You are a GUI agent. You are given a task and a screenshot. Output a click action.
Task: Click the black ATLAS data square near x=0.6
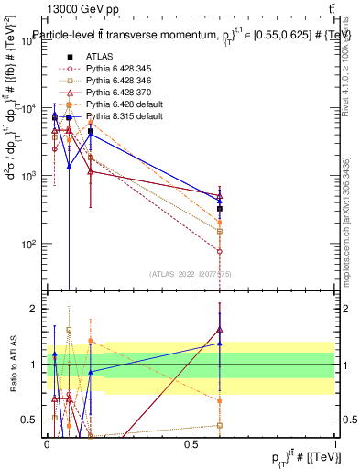(x=220, y=209)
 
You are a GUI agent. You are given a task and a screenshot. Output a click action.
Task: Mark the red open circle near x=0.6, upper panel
(x=220, y=251)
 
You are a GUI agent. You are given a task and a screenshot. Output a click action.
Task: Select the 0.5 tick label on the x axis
(x=191, y=443)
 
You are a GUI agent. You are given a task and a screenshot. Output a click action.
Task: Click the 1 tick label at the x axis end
(x=335, y=443)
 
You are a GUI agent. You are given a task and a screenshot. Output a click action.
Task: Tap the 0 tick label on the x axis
(x=47, y=443)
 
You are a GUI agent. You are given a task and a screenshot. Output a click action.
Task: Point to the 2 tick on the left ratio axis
(x=35, y=309)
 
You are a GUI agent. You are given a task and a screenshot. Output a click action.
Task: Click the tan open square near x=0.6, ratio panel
(x=220, y=425)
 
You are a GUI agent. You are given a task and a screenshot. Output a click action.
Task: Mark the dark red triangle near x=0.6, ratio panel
(x=220, y=330)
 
